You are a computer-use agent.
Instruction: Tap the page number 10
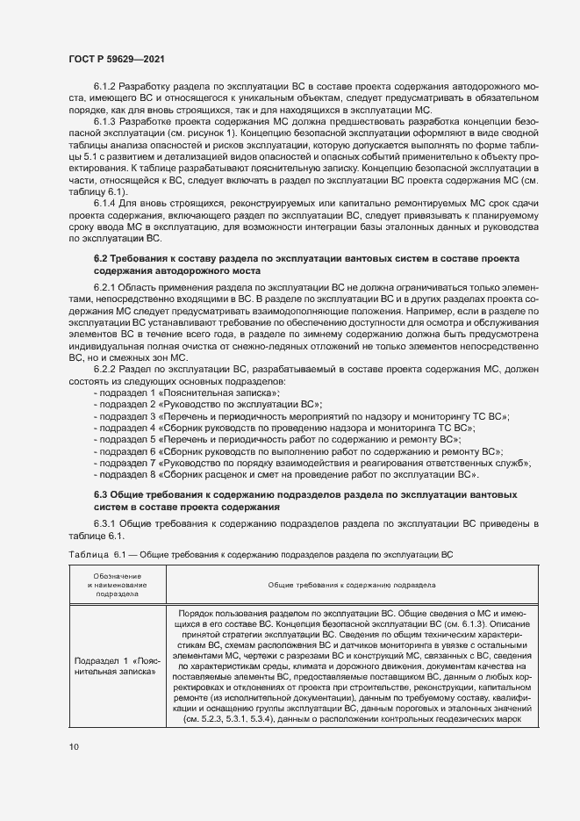(74, 746)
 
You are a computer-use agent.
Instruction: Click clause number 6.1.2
(104, 90)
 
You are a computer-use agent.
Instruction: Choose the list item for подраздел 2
(207, 406)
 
